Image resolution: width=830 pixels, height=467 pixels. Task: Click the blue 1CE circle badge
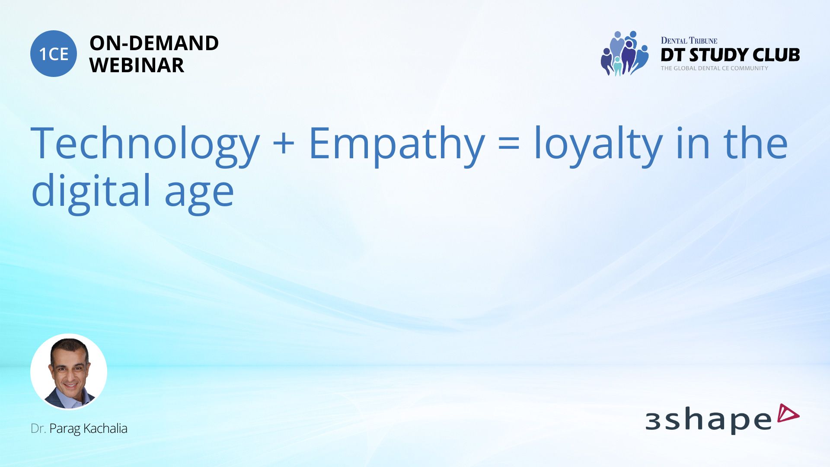(54, 54)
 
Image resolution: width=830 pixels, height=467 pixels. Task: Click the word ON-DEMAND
(154, 43)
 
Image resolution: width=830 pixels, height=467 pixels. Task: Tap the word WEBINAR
(137, 65)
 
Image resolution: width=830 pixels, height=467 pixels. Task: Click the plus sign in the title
(284, 144)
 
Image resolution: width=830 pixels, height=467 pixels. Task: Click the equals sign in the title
(509, 144)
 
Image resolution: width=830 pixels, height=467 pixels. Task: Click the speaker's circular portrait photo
(69, 371)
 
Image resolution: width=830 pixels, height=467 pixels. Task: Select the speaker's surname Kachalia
(105, 429)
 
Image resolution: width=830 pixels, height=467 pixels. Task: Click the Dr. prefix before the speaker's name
(38, 429)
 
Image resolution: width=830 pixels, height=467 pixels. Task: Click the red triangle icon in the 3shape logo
(788, 413)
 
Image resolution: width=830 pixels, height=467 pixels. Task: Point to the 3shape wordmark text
(709, 420)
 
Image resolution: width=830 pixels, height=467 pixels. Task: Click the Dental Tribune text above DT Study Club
(689, 41)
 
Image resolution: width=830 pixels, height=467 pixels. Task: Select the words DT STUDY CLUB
(730, 55)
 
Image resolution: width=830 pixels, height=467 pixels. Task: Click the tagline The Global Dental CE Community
(715, 68)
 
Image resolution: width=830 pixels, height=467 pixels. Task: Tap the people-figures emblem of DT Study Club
(625, 54)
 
